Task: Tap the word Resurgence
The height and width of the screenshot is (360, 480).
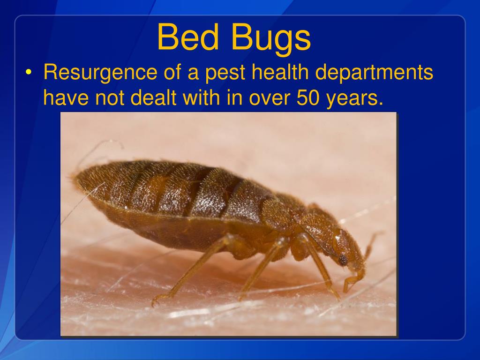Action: [x=100, y=74]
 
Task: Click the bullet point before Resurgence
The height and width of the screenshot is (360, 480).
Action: [x=30, y=73]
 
